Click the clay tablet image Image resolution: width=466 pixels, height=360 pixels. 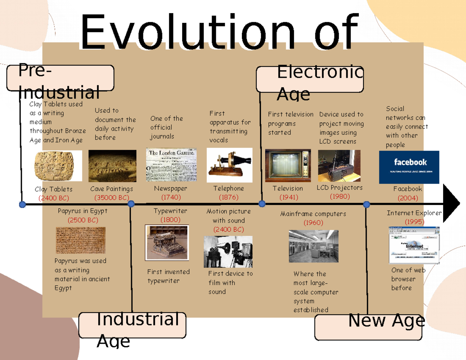(58, 166)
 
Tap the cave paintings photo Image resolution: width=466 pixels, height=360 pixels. (113, 166)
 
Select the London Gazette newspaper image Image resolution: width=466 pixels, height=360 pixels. (171, 165)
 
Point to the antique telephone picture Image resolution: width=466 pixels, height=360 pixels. (230, 165)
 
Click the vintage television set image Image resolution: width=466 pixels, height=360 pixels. (288, 165)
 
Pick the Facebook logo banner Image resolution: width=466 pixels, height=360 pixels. (409, 167)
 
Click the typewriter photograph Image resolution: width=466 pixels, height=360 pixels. (167, 242)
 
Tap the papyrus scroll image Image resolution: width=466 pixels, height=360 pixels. (80, 240)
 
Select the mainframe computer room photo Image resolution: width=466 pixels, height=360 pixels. (313, 246)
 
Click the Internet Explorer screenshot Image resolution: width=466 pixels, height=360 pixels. (414, 245)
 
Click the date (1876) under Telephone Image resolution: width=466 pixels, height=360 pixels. (229, 197)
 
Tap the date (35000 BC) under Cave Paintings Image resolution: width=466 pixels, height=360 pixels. (111, 198)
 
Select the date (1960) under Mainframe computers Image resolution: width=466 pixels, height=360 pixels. (313, 223)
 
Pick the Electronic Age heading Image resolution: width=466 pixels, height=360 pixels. (310, 79)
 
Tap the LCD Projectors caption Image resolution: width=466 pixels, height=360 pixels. (339, 188)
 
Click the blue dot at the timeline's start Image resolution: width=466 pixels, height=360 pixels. (23, 204)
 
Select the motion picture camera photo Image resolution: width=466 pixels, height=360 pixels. (228, 252)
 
